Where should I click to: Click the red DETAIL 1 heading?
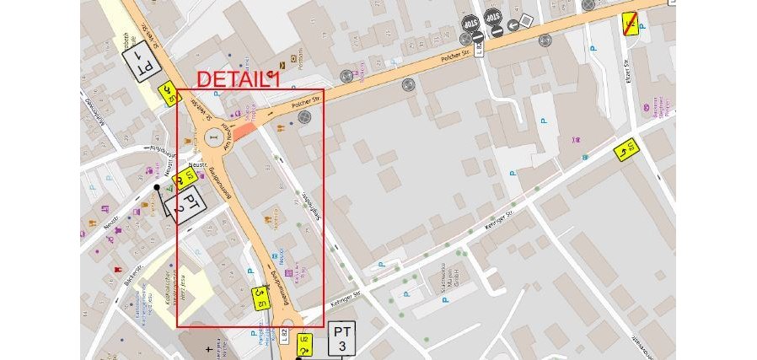[x=238, y=79]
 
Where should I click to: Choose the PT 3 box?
[x=341, y=337]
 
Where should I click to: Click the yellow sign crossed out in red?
[x=630, y=24]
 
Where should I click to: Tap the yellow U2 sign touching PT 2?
[x=185, y=178]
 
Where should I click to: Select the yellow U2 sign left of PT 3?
[x=305, y=343]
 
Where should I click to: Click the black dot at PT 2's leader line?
[x=157, y=186]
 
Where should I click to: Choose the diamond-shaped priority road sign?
[x=526, y=19]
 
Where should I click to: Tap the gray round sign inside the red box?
[x=304, y=117]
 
